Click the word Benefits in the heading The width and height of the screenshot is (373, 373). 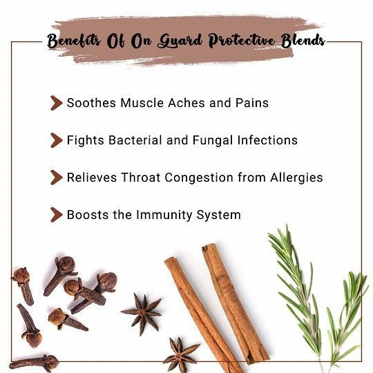74,41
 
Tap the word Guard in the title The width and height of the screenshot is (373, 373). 180,41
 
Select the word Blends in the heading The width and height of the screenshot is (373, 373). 303,41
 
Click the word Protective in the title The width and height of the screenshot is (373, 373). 242,41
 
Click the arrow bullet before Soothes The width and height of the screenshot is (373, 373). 57,103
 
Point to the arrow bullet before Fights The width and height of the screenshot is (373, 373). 57,140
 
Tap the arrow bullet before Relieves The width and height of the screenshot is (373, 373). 57,178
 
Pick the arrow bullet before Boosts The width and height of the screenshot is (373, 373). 57,215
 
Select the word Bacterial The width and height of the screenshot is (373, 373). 135,140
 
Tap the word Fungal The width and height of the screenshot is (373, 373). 213,140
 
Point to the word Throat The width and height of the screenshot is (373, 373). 141,178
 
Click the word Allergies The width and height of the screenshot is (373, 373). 296,178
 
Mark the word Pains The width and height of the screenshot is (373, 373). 252,103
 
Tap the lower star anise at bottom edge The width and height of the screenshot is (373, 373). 180,355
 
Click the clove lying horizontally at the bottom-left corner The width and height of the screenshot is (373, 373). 34,363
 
